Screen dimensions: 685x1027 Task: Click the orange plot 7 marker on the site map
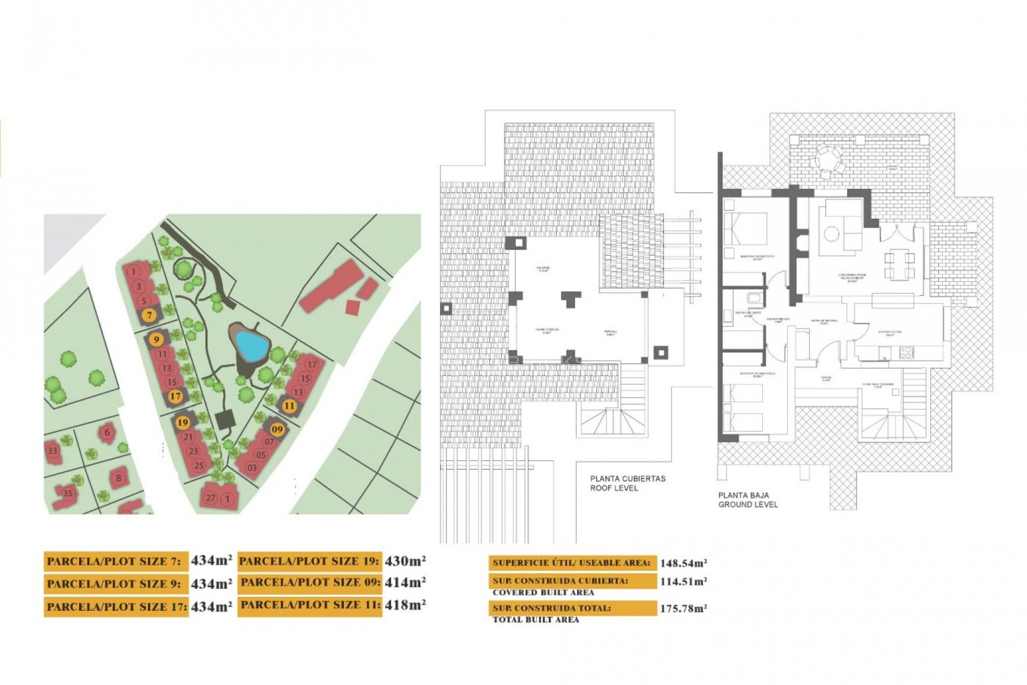(150, 315)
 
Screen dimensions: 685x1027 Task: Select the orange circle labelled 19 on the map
(183, 423)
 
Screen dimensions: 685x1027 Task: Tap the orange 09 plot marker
(277, 429)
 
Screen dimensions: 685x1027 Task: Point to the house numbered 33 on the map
(52, 451)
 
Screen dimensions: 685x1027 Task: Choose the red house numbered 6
(108, 432)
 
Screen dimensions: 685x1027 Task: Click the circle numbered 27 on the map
(211, 498)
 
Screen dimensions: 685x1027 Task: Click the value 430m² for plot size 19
(405, 561)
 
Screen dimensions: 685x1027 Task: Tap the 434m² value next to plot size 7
(211, 560)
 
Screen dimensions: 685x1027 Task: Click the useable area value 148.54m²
(683, 563)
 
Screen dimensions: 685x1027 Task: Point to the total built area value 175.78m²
(683, 608)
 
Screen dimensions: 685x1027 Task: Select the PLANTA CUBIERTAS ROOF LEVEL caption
(627, 483)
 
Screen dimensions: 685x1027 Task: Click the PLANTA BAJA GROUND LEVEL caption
(748, 500)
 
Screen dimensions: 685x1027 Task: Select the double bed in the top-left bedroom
(745, 230)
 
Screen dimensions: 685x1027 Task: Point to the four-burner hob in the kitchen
(906, 352)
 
